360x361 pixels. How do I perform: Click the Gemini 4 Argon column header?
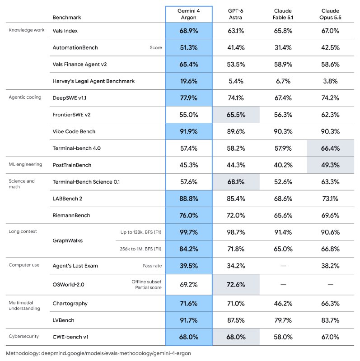pos(188,14)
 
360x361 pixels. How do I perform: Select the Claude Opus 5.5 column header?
pos(330,14)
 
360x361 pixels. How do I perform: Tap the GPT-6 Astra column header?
pos(235,14)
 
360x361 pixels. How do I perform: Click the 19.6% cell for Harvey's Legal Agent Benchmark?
pos(188,81)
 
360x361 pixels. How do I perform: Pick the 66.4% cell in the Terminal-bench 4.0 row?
pos(330,148)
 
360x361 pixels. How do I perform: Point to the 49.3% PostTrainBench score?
pos(330,165)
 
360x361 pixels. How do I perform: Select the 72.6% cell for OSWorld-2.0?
pos(236,285)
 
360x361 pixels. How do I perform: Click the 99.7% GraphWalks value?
pos(188,232)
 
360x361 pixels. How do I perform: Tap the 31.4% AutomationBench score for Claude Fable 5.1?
pos(283,47)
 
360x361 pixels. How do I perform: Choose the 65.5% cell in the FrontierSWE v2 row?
pos(236,115)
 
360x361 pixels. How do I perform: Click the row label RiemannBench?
pos(71,215)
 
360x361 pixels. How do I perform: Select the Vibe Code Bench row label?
pos(74,131)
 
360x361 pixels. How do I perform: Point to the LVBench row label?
pos(63,320)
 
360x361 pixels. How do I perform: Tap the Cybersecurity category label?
pos(24,336)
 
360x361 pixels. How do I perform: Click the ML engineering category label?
pos(25,164)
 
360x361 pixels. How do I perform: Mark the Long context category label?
pos(23,231)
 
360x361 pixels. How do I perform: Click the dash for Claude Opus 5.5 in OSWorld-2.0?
pos(330,285)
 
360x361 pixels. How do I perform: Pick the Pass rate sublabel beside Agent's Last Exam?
pos(152,266)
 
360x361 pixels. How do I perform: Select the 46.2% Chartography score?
pos(283,303)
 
